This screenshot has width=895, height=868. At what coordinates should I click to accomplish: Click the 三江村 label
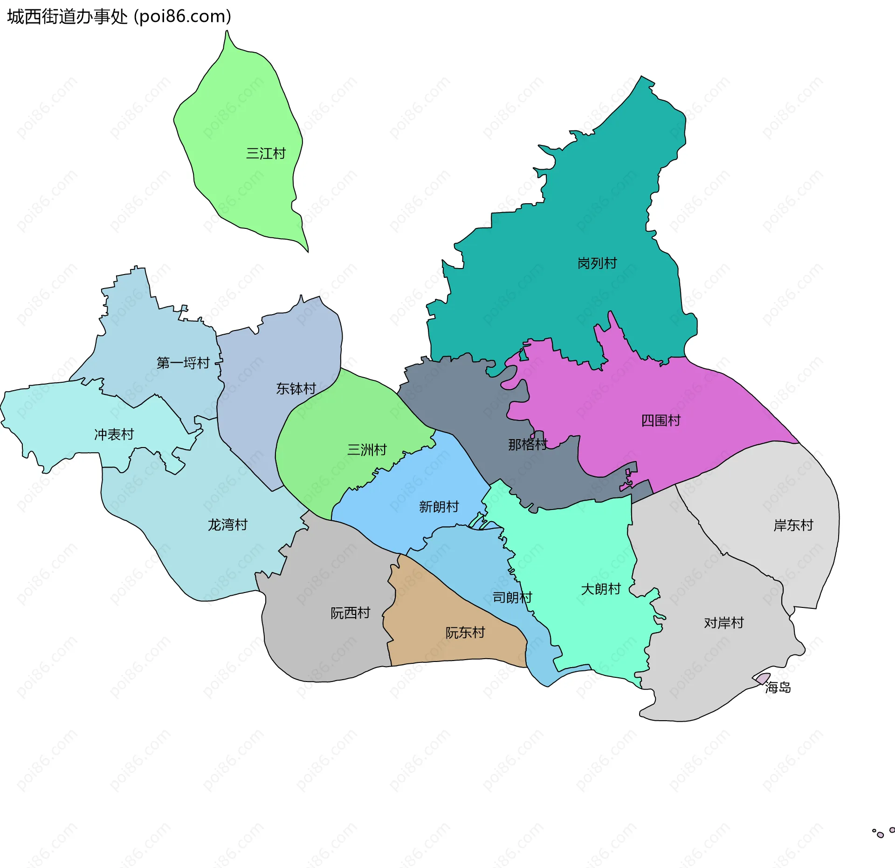pyautogui.click(x=266, y=153)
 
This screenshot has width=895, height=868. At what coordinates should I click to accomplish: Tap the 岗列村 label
pyautogui.click(x=597, y=263)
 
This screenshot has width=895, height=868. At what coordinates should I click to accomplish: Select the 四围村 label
pyautogui.click(x=661, y=420)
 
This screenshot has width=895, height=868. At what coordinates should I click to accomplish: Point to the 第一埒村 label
pyautogui.click(x=183, y=363)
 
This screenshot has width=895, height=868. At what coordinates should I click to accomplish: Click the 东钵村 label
pyautogui.click(x=296, y=388)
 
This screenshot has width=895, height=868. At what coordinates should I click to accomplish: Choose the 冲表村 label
pyautogui.click(x=114, y=434)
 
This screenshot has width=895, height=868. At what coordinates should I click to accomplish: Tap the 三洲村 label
pyautogui.click(x=367, y=450)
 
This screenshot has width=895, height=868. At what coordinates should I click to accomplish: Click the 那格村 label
pyautogui.click(x=528, y=445)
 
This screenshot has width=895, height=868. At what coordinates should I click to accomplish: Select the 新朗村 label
pyautogui.click(x=439, y=507)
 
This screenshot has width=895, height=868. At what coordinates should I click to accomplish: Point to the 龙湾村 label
pyautogui.click(x=227, y=525)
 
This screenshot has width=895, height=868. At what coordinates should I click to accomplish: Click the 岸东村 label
pyautogui.click(x=793, y=525)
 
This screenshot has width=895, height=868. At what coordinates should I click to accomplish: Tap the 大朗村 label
pyautogui.click(x=601, y=589)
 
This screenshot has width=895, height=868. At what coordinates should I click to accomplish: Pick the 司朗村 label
pyautogui.click(x=512, y=598)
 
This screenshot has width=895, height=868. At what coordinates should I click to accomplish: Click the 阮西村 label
pyautogui.click(x=351, y=613)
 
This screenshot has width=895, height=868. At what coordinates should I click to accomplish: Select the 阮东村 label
pyautogui.click(x=465, y=633)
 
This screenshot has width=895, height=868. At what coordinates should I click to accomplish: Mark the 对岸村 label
pyautogui.click(x=724, y=623)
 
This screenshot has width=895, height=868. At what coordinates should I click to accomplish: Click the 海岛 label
pyautogui.click(x=778, y=687)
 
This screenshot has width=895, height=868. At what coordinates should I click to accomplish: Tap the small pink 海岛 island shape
pyautogui.click(x=763, y=678)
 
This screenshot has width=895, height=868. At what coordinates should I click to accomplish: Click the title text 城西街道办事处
pyautogui.click(x=68, y=17)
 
